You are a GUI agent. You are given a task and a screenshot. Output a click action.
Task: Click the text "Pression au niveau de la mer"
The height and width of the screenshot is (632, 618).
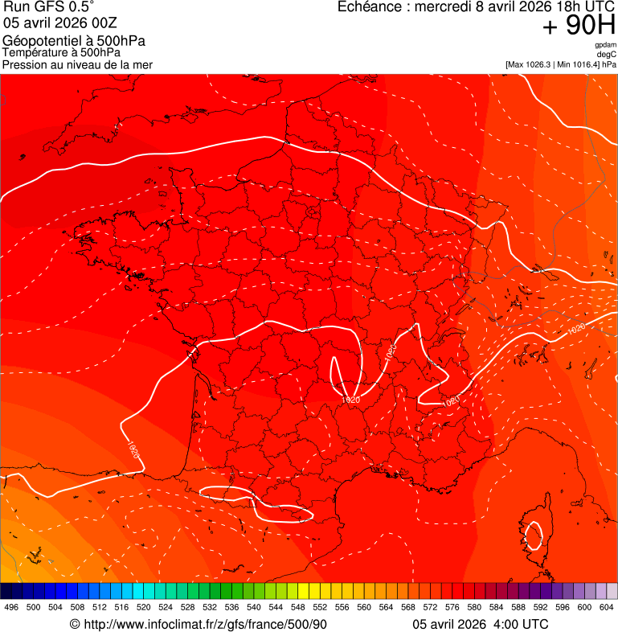coord(77,64)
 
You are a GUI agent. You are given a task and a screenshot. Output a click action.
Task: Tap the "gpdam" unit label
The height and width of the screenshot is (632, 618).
coord(605,45)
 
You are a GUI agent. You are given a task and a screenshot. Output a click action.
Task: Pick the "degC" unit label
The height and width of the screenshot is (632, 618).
coord(607,55)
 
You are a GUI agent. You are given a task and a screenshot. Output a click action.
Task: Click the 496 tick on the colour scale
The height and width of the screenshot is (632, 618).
coord(11,608)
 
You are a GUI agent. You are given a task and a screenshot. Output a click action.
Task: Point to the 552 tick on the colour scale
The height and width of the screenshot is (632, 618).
coord(320,608)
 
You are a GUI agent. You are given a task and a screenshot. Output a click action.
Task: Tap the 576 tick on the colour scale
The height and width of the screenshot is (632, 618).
coord(452,608)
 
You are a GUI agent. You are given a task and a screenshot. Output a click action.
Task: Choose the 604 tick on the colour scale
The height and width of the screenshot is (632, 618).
coord(607,608)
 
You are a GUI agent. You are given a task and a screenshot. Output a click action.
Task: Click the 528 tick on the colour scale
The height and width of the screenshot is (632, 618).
coord(187,608)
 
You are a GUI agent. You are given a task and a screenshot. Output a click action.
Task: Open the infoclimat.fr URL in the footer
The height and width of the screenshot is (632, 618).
coord(205,624)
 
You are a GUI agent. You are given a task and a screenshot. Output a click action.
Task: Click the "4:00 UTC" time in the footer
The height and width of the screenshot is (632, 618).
coord(522,624)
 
